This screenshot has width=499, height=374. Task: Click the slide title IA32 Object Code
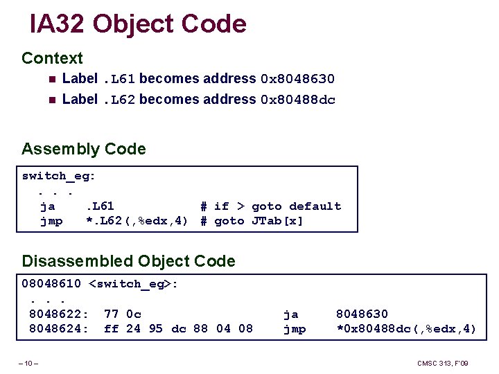[138, 24]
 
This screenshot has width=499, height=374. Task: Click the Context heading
[52, 58]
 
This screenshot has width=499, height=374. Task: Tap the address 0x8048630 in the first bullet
[297, 80]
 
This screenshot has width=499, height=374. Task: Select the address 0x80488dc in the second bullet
[297, 100]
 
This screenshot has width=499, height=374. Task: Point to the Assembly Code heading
[84, 149]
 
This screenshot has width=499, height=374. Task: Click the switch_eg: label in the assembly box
[59, 176]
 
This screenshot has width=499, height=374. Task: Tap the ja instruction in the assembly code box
[48, 206]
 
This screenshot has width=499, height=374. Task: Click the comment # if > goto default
[270, 206]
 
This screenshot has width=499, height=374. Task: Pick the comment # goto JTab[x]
[252, 221]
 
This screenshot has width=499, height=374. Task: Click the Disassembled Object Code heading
[128, 261]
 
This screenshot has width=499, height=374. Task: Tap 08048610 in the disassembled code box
[51, 284]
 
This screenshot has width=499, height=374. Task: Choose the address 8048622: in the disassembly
[58, 314]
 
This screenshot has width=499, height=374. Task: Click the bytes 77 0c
[123, 314]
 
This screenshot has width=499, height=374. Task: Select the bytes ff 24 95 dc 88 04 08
[178, 328]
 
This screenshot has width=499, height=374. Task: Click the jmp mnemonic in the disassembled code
[295, 328]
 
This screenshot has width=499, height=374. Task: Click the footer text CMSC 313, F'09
[443, 363]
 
